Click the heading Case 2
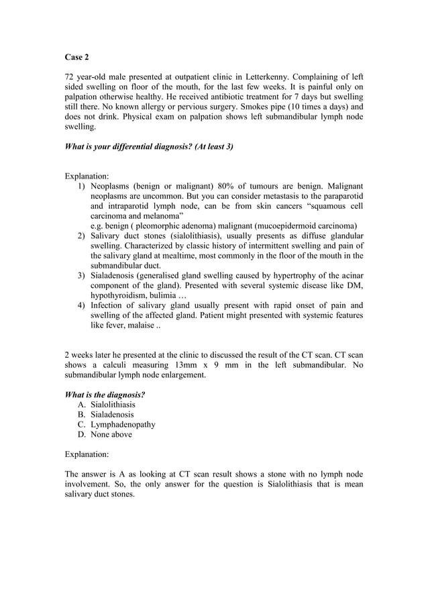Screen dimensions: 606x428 point(76,57)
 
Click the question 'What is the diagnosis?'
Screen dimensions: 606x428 point(105,395)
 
